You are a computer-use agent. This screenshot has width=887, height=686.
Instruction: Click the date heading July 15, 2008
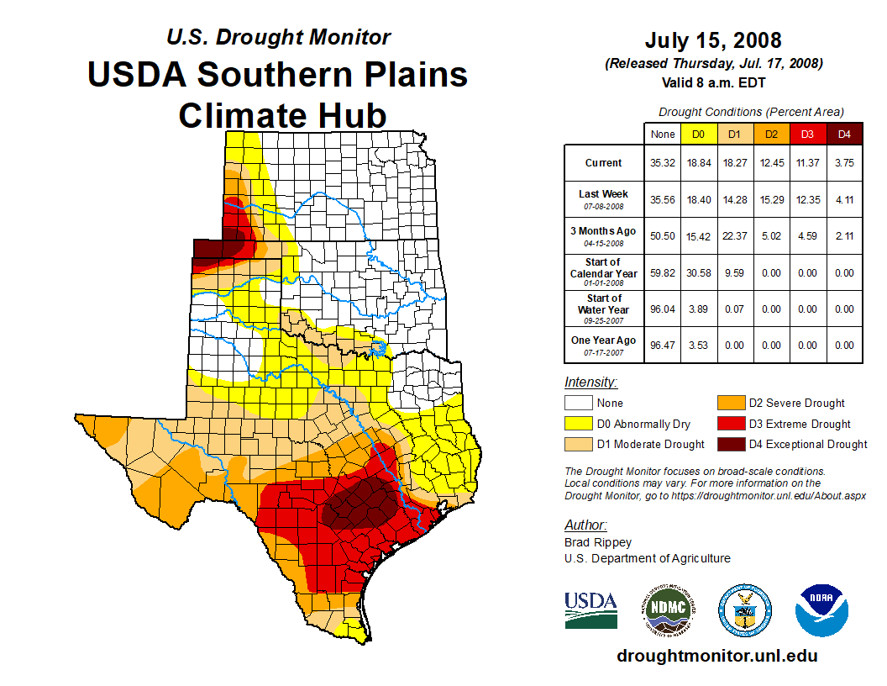pos(713,40)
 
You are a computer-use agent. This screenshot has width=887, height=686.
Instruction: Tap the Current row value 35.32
pos(663,163)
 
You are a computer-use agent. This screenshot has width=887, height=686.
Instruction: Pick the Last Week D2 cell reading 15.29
pos(771,200)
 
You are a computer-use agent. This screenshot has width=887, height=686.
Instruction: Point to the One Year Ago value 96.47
pos(663,346)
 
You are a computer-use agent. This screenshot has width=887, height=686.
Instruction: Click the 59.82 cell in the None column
pos(663,273)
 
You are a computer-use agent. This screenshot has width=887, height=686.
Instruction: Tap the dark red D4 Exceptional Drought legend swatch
pos(730,444)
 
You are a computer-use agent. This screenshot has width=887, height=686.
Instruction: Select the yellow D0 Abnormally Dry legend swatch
pos(578,424)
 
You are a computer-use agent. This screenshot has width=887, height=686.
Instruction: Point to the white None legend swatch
pos(578,404)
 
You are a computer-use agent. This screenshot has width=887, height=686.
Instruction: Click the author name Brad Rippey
pos(598,542)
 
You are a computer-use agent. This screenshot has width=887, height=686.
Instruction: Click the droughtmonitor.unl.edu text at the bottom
pos(717,656)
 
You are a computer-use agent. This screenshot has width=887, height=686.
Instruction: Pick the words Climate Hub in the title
pos(282,115)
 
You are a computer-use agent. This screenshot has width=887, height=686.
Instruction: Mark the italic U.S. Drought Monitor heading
pos(278,38)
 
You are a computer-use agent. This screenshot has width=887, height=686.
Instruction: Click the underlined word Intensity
pos(590,383)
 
